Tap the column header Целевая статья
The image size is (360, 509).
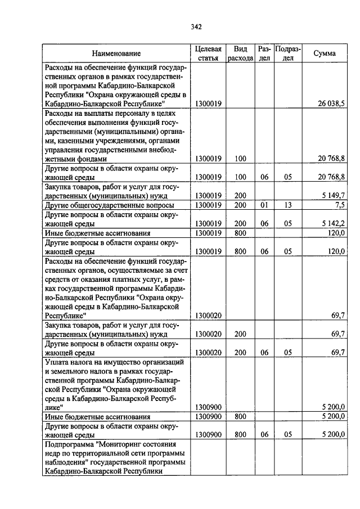[x=209, y=53]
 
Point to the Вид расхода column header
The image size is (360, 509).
[x=240, y=53]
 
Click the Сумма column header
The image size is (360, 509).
[x=325, y=53]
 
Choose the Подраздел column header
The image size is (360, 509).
[x=288, y=53]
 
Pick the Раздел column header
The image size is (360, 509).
[x=264, y=53]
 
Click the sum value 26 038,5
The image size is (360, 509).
[x=331, y=104]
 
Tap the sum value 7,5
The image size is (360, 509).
[x=338, y=205]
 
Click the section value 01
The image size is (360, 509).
[x=264, y=205]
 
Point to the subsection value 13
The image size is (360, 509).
[x=288, y=205]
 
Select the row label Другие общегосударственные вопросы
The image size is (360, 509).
[x=109, y=205]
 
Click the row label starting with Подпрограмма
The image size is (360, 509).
[x=115, y=458]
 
